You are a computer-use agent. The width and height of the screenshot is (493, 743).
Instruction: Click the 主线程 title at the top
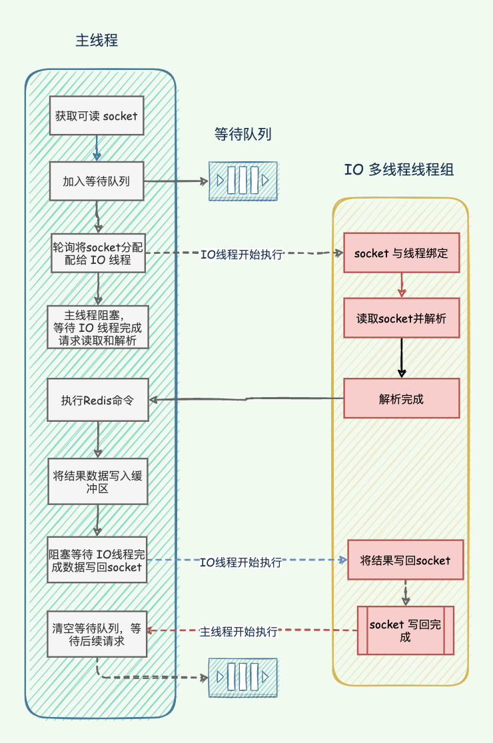(x=97, y=41)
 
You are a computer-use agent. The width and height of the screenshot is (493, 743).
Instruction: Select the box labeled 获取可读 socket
(x=97, y=116)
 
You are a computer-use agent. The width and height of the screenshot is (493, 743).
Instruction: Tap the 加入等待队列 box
(x=97, y=181)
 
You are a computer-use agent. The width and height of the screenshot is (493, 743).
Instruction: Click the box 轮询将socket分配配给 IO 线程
(x=98, y=253)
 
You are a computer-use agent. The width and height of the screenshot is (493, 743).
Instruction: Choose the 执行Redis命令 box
(x=98, y=400)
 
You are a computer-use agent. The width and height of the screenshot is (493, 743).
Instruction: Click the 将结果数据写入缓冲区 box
(x=98, y=482)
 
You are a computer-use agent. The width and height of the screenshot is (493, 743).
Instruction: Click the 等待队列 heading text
(x=243, y=135)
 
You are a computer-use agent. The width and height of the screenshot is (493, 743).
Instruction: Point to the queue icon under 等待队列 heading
(x=243, y=181)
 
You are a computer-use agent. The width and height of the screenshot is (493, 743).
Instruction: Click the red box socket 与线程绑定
(x=402, y=253)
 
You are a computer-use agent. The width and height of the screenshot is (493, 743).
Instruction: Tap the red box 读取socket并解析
(x=402, y=318)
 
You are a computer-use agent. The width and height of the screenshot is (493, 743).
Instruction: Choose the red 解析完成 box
(x=402, y=398)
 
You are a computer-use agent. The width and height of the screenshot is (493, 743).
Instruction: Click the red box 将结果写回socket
(x=405, y=560)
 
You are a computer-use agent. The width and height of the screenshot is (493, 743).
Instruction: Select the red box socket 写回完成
(x=405, y=630)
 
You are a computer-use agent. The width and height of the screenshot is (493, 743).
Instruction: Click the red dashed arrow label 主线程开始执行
(x=239, y=631)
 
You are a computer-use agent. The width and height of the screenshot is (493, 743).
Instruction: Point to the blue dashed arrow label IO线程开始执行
(x=241, y=562)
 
